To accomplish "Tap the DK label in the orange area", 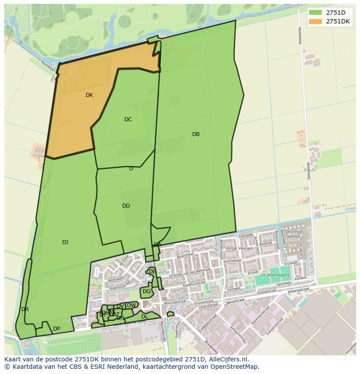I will [89, 95].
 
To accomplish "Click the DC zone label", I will [128, 119].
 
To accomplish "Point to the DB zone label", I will [196, 134].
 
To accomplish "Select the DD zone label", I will [126, 206].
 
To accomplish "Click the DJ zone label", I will [65, 242].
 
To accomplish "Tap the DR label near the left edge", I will [25, 309].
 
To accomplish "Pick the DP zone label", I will [57, 328].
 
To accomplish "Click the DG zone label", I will [147, 291].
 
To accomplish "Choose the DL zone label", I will [145, 317].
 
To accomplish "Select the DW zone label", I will [131, 305].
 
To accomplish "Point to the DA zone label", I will [157, 245].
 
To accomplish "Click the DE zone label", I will [152, 271].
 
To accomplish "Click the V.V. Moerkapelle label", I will [275, 275].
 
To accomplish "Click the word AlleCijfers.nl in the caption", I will [227, 359].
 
